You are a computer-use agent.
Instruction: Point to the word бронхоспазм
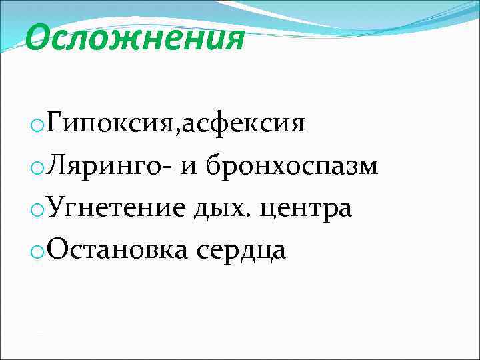292,166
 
